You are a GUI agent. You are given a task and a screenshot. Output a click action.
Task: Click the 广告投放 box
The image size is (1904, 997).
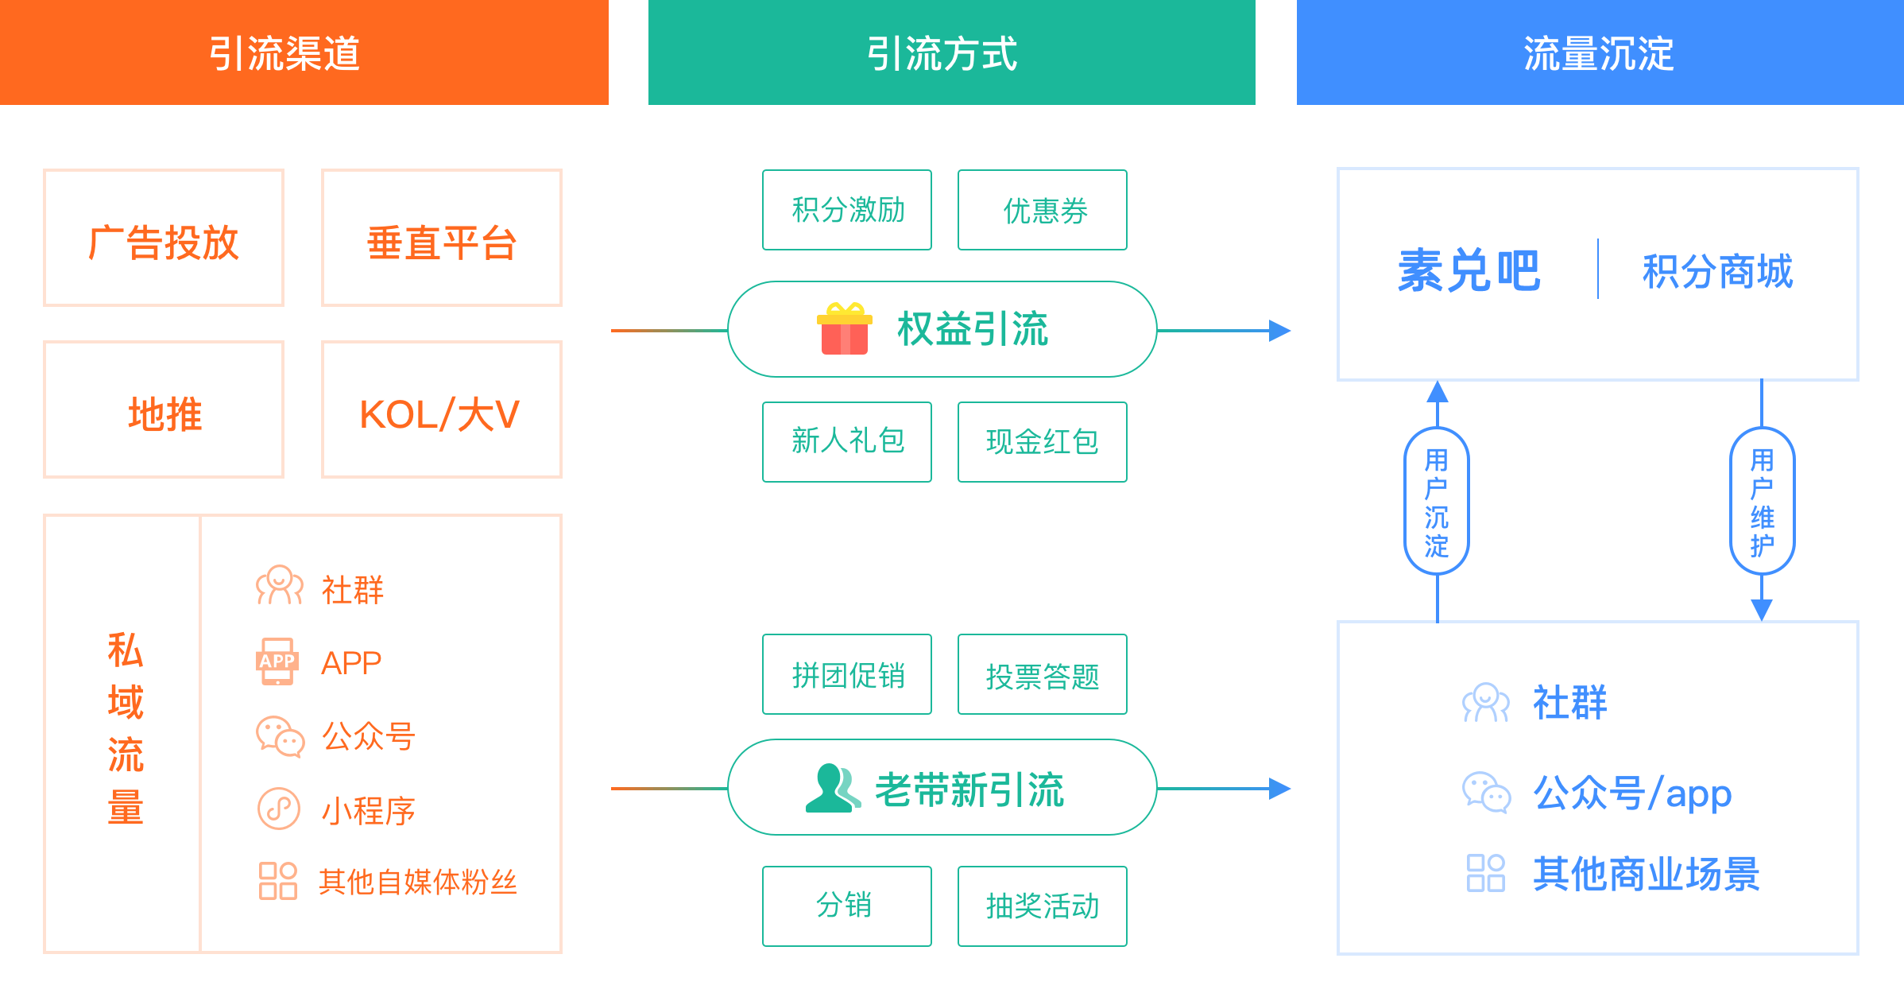point(164,239)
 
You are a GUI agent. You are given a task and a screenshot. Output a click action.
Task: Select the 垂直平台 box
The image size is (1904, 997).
point(442,239)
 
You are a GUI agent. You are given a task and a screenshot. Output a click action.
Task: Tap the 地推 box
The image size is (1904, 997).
point(164,410)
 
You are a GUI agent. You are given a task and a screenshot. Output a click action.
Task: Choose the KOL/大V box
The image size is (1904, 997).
point(442,410)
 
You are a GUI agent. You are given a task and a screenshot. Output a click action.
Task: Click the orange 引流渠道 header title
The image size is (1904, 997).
point(284,54)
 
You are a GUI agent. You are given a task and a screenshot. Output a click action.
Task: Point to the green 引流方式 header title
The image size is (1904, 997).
point(942,54)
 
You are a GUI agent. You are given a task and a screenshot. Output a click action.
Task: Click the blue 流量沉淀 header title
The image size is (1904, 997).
point(1599,54)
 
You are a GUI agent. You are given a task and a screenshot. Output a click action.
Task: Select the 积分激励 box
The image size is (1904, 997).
point(847,210)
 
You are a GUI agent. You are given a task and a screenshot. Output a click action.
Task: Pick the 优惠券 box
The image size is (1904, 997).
point(1043,210)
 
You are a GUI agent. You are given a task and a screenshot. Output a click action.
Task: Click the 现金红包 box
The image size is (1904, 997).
point(1043,442)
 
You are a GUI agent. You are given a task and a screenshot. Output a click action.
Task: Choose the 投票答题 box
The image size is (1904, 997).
point(1043,674)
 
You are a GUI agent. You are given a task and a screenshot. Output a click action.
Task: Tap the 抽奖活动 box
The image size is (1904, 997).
point(1043,906)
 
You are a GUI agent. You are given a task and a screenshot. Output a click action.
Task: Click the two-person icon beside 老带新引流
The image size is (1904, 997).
point(832,788)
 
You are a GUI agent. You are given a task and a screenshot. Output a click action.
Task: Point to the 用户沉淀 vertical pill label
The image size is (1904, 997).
point(1437,502)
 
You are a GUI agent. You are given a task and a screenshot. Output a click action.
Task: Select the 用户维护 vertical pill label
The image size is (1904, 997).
point(1763,502)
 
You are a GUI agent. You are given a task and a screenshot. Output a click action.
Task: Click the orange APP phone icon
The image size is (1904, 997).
point(277,661)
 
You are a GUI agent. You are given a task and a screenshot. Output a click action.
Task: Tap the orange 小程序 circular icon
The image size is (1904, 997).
point(279,809)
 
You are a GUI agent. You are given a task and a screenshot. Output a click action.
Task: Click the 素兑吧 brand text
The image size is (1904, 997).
point(1469,271)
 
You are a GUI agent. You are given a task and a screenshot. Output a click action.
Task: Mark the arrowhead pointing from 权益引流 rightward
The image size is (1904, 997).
point(1279,330)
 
